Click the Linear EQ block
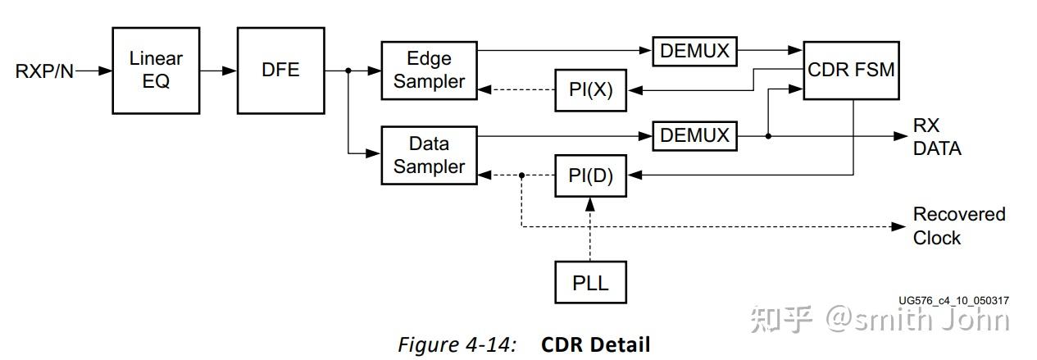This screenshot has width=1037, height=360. click(155, 70)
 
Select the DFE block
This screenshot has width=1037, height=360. click(280, 70)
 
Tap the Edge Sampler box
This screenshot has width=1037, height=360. click(429, 71)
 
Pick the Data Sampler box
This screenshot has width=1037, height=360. click(429, 155)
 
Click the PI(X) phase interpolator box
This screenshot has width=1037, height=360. click(590, 90)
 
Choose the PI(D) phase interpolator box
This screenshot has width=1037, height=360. click(590, 175)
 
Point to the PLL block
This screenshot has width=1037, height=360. click(590, 283)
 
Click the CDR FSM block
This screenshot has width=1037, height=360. click(850, 70)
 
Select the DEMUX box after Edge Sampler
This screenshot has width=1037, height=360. click(694, 51)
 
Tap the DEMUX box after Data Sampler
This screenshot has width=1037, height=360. click(694, 135)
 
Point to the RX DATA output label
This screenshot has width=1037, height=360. click(937, 137)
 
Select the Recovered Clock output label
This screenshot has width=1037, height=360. click(958, 226)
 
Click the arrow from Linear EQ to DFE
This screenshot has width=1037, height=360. click(217, 71)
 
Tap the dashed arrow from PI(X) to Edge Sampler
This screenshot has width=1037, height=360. click(516, 90)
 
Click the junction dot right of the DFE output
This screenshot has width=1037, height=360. click(348, 71)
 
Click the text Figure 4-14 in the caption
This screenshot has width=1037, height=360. click(457, 344)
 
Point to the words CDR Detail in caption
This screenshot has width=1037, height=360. click(595, 344)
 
